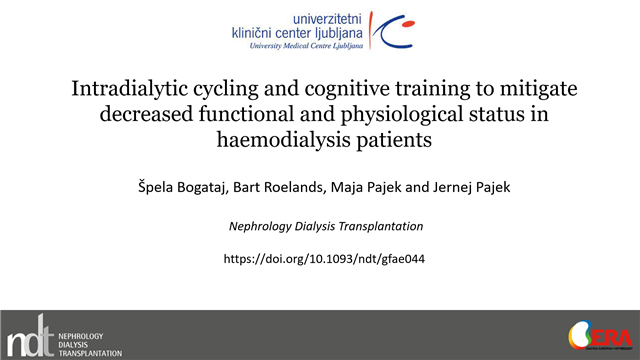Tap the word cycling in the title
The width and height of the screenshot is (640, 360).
pos(228,89)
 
